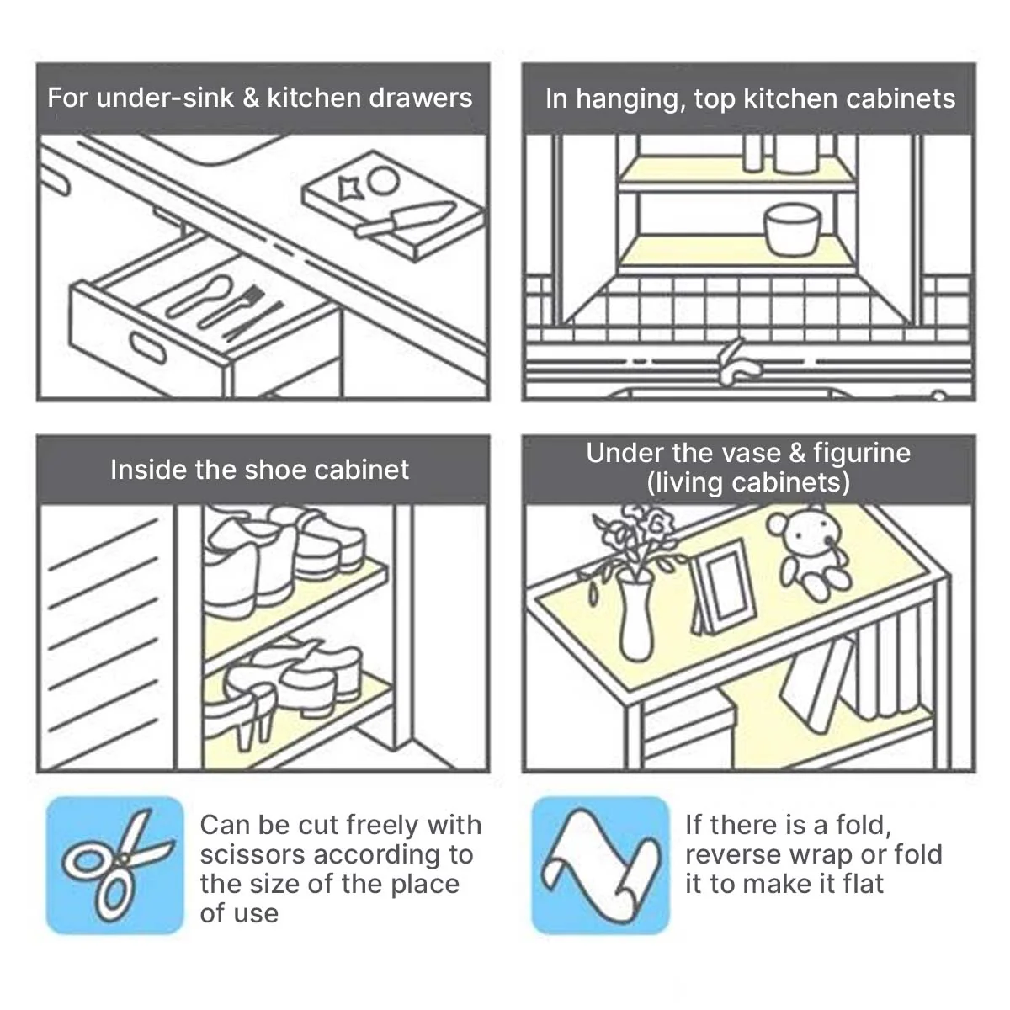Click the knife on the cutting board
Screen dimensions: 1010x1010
405,218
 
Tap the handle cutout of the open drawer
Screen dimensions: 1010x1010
147,348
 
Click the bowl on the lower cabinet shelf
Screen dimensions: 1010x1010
791,230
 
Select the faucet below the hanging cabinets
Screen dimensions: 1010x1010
738,362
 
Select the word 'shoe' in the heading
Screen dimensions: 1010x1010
276,470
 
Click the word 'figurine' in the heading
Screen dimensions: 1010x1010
862,454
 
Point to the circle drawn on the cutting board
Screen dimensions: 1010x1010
383,180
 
